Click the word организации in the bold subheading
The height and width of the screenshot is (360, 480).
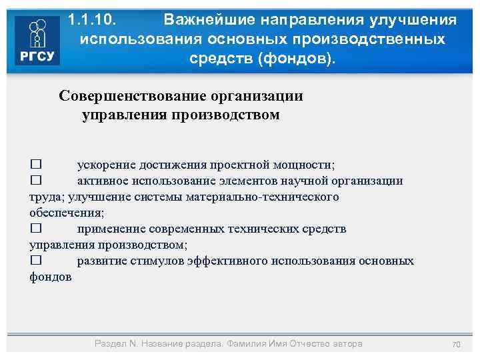click(x=256, y=96)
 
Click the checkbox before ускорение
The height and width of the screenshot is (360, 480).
click(x=36, y=165)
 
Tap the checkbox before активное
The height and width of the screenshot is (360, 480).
click(x=36, y=181)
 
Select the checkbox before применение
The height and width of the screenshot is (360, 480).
click(x=36, y=229)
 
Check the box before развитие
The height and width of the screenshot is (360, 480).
click(x=36, y=261)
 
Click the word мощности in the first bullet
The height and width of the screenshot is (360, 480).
click(x=310, y=165)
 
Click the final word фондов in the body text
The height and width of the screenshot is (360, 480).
click(x=50, y=277)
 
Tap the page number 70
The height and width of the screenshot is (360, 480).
click(x=456, y=344)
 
